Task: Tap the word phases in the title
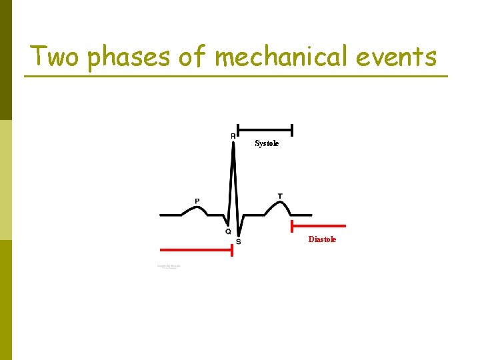(x=129, y=57)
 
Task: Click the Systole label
(x=267, y=144)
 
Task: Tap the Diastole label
(x=322, y=239)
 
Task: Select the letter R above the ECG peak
(x=233, y=136)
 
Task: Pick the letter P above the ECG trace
(x=197, y=201)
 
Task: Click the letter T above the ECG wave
(x=280, y=196)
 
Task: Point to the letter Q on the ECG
(x=228, y=231)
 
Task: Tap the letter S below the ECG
(x=239, y=241)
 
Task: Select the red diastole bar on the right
(x=318, y=226)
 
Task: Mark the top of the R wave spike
(x=233, y=143)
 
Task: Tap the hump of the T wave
(x=277, y=203)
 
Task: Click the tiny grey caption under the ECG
(x=169, y=267)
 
